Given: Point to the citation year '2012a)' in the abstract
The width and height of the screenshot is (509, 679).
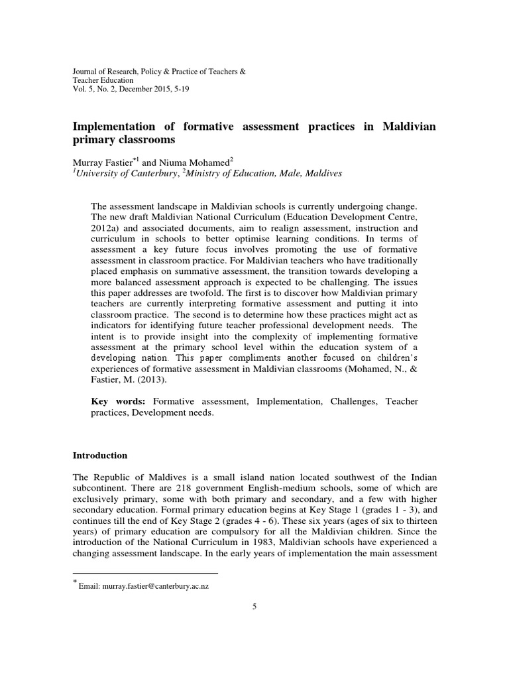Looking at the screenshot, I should click(x=103, y=226).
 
